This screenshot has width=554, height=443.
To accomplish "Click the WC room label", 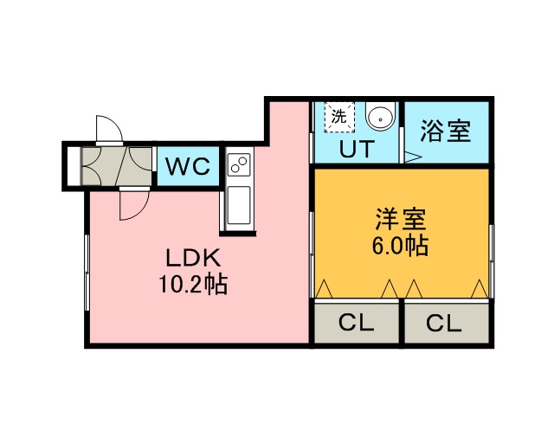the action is pyautogui.click(x=188, y=166).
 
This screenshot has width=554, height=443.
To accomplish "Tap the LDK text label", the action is pyautogui.click(x=193, y=258).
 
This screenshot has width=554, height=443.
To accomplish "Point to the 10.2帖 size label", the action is pyautogui.click(x=193, y=284).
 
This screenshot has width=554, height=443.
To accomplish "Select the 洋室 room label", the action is pyautogui.click(x=401, y=219).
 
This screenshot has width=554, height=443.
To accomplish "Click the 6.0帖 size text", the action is pyautogui.click(x=400, y=245).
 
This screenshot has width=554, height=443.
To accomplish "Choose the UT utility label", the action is pyautogui.click(x=357, y=149).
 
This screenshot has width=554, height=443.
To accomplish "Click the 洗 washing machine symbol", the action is pyautogui.click(x=339, y=118).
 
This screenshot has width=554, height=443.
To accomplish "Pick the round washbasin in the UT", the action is pyautogui.click(x=380, y=117).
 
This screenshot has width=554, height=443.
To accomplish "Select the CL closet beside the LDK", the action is pyautogui.click(x=356, y=322).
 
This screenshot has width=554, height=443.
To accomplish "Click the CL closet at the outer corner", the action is pyautogui.click(x=447, y=322).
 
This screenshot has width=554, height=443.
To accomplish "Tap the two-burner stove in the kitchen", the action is pyautogui.click(x=239, y=164).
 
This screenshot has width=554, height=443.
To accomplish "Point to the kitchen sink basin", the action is pyautogui.click(x=239, y=206).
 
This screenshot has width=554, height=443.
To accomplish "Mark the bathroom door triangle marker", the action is pyautogui.click(x=412, y=157).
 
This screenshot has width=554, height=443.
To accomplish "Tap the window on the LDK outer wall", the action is pyautogui.click(x=87, y=272).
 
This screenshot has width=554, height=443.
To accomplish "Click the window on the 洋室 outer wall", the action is pyautogui.click(x=491, y=260).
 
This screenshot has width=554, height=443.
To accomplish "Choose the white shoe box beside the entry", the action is pyautogui.click(x=74, y=166).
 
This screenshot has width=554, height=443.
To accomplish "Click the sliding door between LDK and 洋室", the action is pyautogui.click(x=312, y=254).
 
